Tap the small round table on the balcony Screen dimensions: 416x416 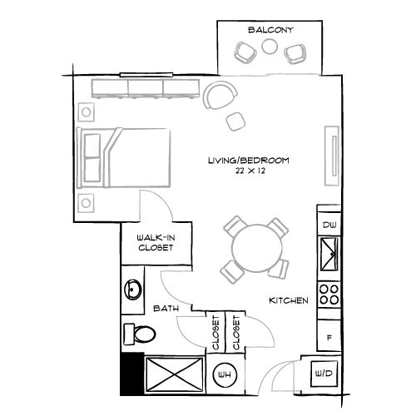(x=270, y=48)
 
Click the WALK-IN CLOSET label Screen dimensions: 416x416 (x=155, y=242)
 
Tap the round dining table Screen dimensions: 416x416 (x=253, y=247)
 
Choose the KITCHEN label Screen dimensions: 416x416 (x=290, y=300)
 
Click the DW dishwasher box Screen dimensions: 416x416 (x=329, y=225)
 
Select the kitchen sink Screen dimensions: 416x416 (x=329, y=253)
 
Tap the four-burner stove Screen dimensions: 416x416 (x=329, y=294)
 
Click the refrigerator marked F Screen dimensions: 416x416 (x=329, y=337)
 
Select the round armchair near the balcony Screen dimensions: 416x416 (x=219, y=96)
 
